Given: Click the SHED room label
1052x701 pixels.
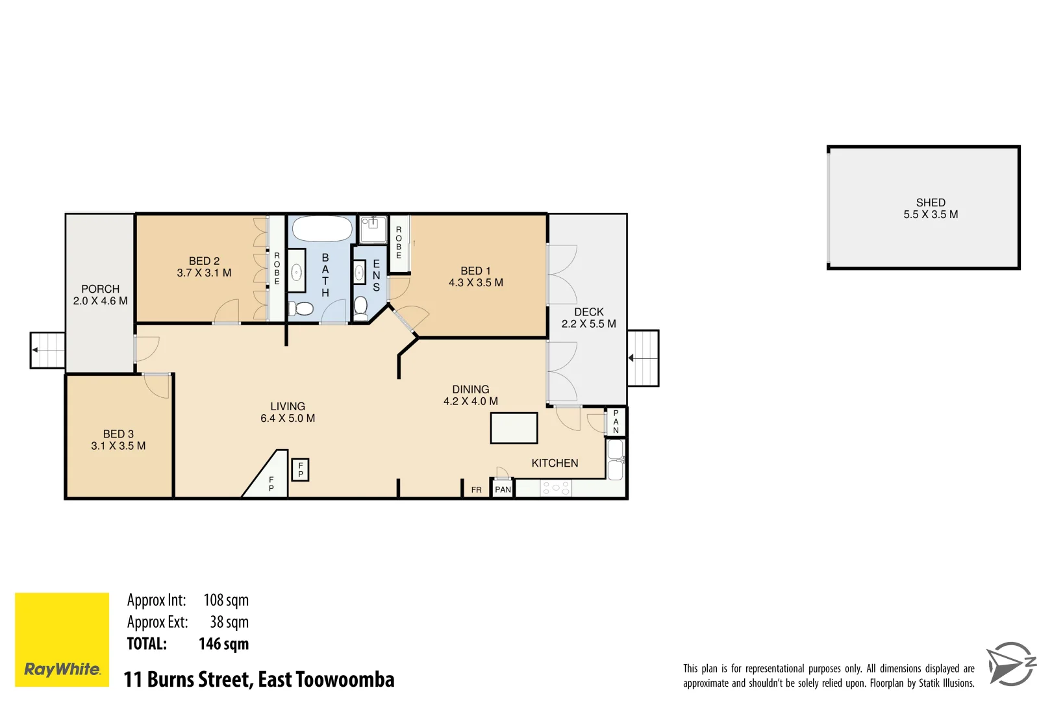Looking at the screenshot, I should click(x=930, y=203).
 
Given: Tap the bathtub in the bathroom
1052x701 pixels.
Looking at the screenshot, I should click(x=322, y=229).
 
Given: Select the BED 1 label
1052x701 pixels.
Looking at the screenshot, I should click(x=475, y=271).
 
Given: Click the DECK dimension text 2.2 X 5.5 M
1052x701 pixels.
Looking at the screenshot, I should click(x=588, y=324).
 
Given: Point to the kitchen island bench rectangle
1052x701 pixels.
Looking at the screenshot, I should click(x=514, y=428).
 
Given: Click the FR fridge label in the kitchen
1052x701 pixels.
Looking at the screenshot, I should click(x=476, y=489).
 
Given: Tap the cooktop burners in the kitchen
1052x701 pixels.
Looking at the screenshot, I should click(x=556, y=488).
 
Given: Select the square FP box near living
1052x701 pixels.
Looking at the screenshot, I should click(x=300, y=469).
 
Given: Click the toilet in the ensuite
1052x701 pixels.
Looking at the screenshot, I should click(x=361, y=306).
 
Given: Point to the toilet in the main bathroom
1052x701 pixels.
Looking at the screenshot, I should click(x=301, y=308).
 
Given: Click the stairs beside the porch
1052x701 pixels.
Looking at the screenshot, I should click(x=48, y=350).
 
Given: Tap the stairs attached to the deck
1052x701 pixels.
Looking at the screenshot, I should click(x=643, y=358).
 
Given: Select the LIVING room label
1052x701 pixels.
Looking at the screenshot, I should click(x=288, y=406).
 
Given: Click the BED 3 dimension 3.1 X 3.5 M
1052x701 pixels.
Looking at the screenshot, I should click(x=118, y=446).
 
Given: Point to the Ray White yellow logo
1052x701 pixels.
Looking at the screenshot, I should click(x=62, y=639).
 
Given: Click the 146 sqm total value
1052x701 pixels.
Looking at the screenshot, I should click(x=223, y=644).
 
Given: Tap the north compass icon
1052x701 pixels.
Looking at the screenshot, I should click(x=1010, y=664).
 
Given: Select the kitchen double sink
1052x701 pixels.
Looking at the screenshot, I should click(x=615, y=460).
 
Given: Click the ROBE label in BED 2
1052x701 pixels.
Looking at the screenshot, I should click(x=277, y=269).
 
